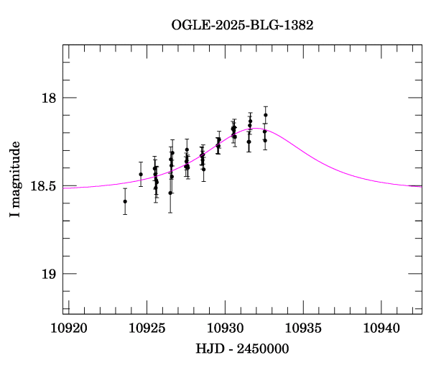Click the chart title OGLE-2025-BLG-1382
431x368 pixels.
tap(242, 24)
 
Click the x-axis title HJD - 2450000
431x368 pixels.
tap(242, 349)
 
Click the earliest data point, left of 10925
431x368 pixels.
tap(125, 201)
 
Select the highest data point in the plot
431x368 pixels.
tap(266, 115)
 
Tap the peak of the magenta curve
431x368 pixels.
tap(257, 128)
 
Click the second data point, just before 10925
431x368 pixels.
tap(141, 174)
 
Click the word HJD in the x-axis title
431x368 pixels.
tap(208, 349)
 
